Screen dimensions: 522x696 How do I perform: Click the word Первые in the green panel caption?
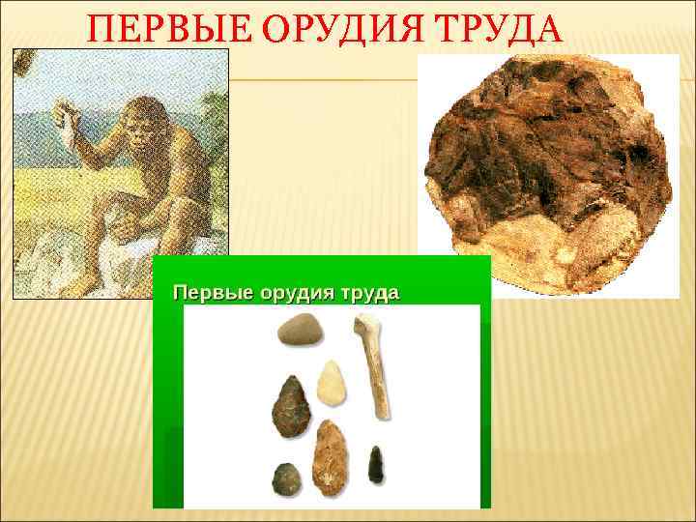pyautogui.click(x=209, y=292)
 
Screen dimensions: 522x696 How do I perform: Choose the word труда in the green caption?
pyautogui.click(x=365, y=292)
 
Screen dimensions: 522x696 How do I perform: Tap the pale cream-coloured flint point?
pyautogui.click(x=333, y=384)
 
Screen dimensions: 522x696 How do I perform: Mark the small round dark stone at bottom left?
pyautogui.click(x=285, y=477)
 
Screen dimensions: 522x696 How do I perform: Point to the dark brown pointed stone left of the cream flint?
pyautogui.click(x=290, y=407)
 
